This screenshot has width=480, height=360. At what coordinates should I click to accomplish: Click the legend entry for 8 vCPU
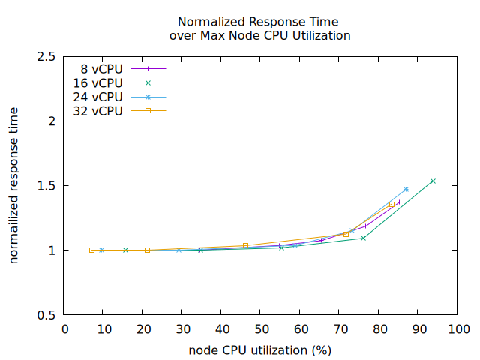pos(101,68)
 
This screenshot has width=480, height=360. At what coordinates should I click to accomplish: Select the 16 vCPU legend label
pos(97,82)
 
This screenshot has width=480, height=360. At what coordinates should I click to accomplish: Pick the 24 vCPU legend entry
pos(97,97)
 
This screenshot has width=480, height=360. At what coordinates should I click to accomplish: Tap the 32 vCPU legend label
pos(97,111)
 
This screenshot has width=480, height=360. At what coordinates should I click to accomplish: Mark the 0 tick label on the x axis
pos(65,328)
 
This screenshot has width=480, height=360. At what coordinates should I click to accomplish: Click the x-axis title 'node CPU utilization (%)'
pos(260,349)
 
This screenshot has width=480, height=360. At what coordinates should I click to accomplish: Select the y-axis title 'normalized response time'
pos(14,185)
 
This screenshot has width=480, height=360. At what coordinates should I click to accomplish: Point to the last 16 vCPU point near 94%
pos(433,181)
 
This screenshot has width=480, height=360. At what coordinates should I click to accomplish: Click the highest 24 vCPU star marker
pos(406,189)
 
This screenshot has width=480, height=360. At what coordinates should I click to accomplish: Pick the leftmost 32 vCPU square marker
pos(91,250)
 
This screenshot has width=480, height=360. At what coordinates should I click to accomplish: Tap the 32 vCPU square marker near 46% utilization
pos(245,245)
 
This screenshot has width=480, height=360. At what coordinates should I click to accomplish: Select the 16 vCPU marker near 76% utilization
pos(363,238)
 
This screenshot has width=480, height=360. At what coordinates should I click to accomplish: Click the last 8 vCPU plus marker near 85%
pos(399,202)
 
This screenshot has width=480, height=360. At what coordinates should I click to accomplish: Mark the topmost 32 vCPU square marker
pos(391,204)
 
